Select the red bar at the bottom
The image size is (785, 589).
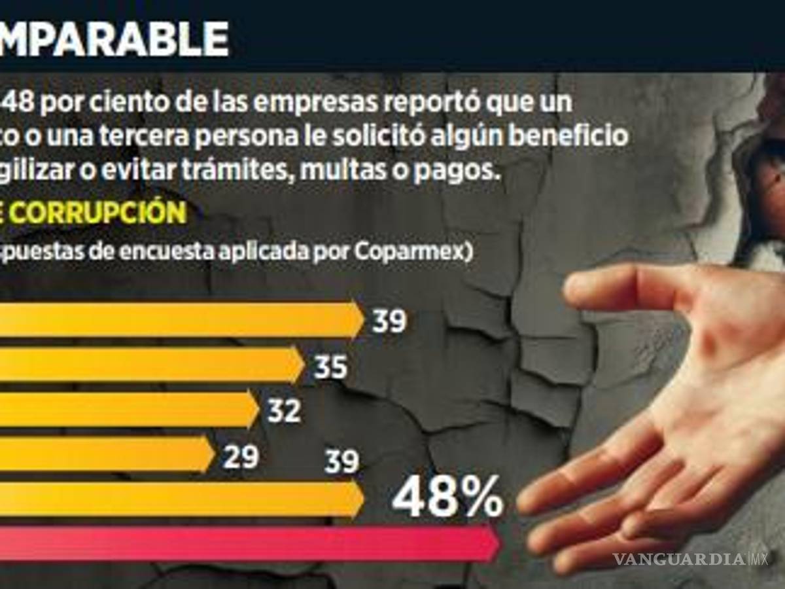pyautogui.click(x=249, y=543)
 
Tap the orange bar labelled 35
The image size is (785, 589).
pyautogui.click(x=150, y=365)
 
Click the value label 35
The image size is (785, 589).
pyautogui.click(x=330, y=368)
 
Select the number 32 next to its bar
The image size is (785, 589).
pyautogui.click(x=284, y=411)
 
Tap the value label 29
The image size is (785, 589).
pyautogui.click(x=240, y=456)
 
